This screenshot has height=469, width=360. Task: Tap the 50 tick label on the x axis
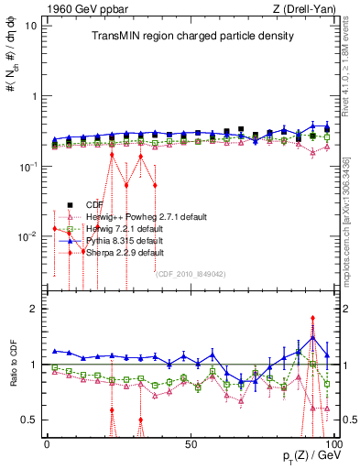(x=190, y=443)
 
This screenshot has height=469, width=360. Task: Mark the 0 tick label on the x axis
(x=47, y=443)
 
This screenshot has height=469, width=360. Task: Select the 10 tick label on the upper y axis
(x=30, y=25)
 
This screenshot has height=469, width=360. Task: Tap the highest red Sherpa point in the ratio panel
(x=313, y=319)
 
